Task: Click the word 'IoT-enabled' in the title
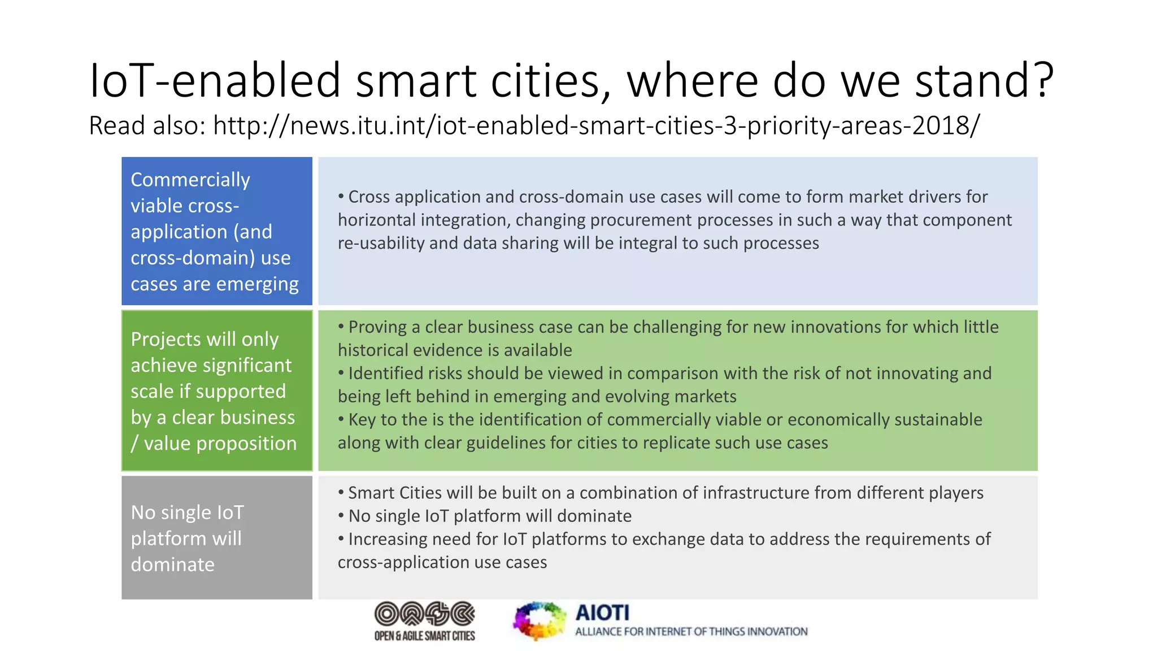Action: (x=215, y=80)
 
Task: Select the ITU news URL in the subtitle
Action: (x=596, y=125)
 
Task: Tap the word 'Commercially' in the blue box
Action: (x=190, y=180)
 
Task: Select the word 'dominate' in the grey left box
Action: (x=173, y=565)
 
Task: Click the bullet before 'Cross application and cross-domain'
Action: (x=341, y=197)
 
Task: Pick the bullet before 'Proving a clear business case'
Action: (x=341, y=327)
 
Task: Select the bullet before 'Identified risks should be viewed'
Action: (x=341, y=373)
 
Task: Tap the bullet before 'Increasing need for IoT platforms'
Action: (x=341, y=539)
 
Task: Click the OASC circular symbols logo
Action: (x=425, y=614)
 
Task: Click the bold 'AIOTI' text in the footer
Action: (x=602, y=613)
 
